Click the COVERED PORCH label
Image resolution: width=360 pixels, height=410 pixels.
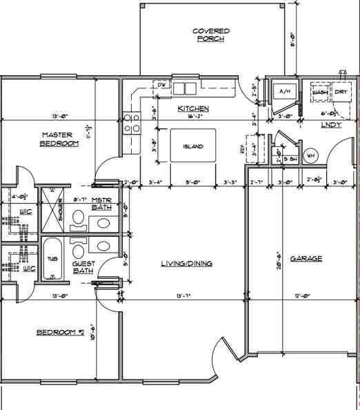210,35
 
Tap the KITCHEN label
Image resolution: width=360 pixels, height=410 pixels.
193,109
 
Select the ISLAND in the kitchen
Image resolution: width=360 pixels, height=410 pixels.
193,146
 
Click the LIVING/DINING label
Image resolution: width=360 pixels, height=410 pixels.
186,263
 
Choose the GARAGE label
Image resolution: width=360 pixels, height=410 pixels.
306,259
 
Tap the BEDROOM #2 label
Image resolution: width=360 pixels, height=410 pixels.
60,333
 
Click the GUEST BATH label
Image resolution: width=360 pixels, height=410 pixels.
83,267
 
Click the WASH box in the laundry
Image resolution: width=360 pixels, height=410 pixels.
319,92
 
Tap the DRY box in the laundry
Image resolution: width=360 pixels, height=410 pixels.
341,92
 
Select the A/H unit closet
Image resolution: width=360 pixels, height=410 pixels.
283,92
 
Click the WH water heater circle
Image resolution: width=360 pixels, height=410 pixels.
309,155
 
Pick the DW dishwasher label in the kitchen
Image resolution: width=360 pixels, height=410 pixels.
163,85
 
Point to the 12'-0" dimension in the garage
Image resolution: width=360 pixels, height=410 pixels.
303,296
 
